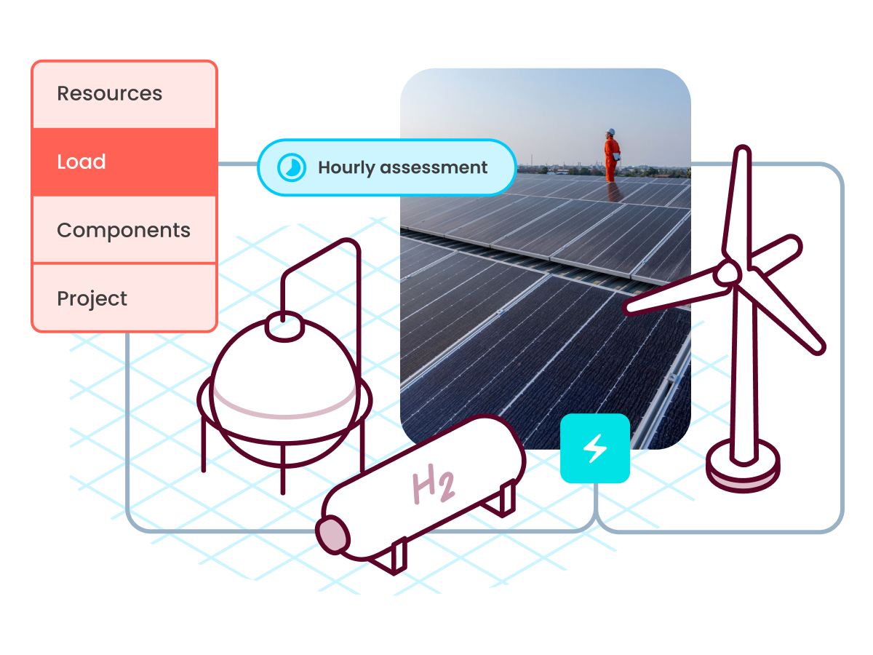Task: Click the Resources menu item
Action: (x=110, y=94)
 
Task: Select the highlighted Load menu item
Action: (x=81, y=162)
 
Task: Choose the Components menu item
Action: (x=124, y=230)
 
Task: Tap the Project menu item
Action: (x=92, y=298)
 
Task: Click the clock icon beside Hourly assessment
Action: (x=291, y=168)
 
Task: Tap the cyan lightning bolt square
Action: (x=595, y=448)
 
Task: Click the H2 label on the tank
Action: (x=434, y=487)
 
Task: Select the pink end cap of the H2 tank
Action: (x=333, y=535)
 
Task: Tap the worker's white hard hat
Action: (x=611, y=132)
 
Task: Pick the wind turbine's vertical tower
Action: (x=742, y=378)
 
